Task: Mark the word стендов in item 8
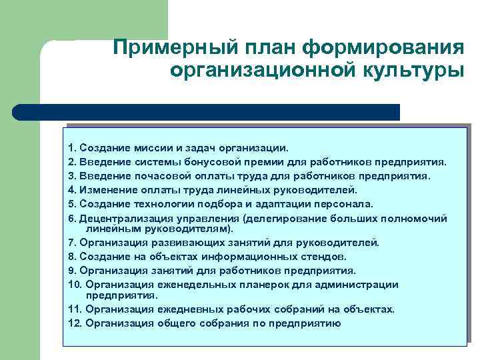click(x=323, y=256)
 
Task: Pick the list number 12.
click(x=74, y=323)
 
